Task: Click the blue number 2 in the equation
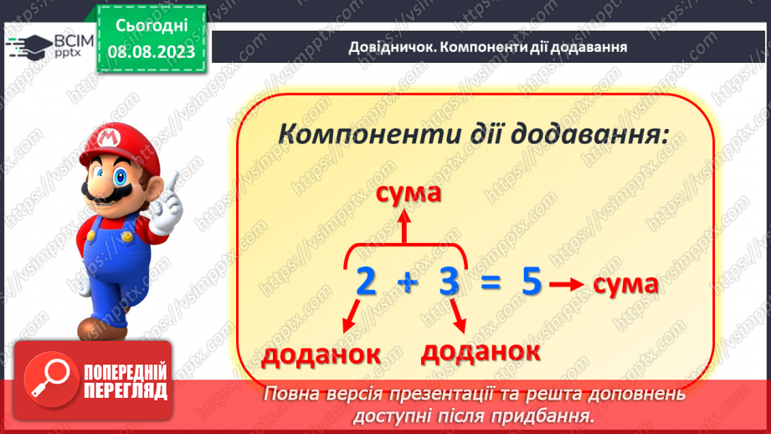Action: point(366,282)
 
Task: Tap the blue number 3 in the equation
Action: point(449,282)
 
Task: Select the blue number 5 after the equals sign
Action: point(531,282)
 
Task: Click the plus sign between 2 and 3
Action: point(408,283)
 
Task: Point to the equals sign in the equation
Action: point(491,282)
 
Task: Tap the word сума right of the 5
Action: point(625,285)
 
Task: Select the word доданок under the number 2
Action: point(321,354)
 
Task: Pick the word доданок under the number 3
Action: point(481,351)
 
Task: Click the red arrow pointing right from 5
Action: point(567,284)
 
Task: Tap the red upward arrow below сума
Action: point(404,226)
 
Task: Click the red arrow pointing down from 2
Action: point(351,316)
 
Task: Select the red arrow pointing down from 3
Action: point(458,316)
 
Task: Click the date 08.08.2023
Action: point(152,52)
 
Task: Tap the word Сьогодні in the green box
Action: point(152,26)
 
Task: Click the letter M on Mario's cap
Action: point(109,137)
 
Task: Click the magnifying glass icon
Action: point(50,379)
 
